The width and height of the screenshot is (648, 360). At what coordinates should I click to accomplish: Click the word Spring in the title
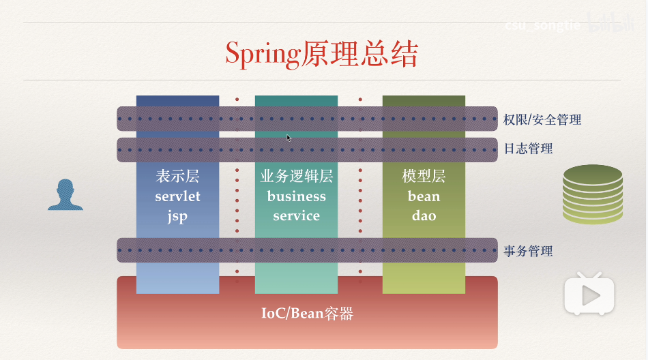click(262, 55)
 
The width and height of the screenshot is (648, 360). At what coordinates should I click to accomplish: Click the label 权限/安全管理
click(542, 119)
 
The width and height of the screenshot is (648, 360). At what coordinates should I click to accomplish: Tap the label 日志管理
click(528, 149)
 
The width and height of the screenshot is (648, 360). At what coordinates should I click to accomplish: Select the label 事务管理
click(528, 251)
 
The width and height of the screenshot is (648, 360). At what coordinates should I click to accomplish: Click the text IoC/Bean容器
click(307, 314)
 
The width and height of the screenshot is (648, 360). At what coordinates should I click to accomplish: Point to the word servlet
click(177, 196)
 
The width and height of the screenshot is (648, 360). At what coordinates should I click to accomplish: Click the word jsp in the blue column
click(177, 216)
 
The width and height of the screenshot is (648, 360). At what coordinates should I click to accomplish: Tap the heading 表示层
click(177, 177)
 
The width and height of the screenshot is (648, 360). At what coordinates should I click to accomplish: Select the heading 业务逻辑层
click(296, 177)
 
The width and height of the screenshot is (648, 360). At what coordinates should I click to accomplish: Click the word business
click(296, 196)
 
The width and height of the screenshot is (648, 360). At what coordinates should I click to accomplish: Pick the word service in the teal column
click(296, 216)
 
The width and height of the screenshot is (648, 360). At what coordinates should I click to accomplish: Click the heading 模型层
click(424, 177)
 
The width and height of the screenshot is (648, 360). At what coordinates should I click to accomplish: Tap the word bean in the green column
click(424, 196)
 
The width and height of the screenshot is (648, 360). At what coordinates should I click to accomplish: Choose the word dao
click(424, 216)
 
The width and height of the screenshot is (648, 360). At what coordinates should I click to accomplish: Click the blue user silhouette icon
click(65, 195)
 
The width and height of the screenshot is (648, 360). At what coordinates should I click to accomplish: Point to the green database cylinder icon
click(592, 194)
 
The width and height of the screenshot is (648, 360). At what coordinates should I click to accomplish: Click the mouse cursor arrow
click(289, 138)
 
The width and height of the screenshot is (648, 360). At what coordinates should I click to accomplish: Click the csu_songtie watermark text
click(543, 25)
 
